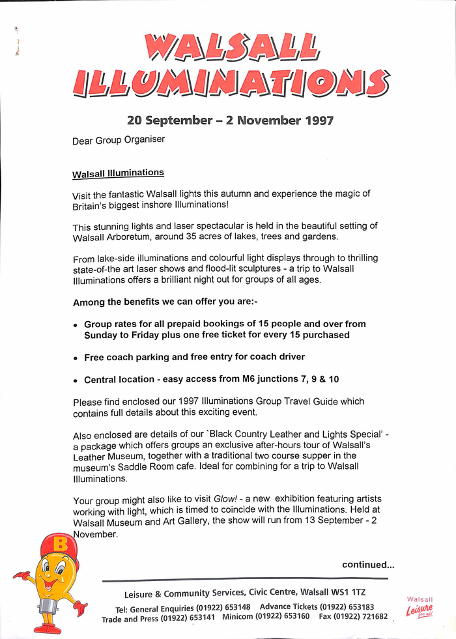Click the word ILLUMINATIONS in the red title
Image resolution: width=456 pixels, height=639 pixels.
click(231, 83)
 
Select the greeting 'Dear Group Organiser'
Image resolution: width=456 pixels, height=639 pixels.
click(119, 139)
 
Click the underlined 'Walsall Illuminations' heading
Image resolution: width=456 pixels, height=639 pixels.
click(118, 173)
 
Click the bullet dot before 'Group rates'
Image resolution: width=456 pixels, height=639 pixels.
click(76, 325)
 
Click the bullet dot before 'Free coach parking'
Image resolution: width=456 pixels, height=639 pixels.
click(76, 358)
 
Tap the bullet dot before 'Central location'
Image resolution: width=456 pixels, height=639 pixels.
click(76, 380)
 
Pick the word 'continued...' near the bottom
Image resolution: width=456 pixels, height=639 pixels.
click(368, 565)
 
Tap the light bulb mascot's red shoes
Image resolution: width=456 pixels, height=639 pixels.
click(48, 628)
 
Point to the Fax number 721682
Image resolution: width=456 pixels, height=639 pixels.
click(371, 617)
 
